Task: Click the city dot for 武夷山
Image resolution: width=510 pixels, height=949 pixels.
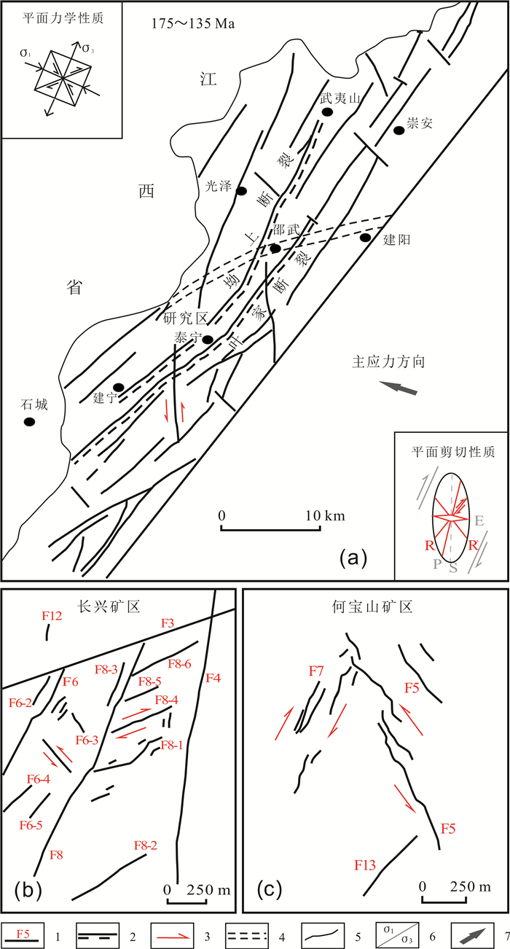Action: (x=328, y=112)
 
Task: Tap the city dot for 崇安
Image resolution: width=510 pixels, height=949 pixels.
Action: (x=399, y=130)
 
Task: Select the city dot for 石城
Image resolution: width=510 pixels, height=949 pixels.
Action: (x=29, y=422)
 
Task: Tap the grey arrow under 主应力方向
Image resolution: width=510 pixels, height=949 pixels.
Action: (x=399, y=388)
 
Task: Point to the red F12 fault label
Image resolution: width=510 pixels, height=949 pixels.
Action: (x=51, y=617)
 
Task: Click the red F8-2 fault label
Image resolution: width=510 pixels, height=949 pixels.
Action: (x=146, y=845)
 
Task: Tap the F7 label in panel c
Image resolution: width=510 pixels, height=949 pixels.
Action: (x=315, y=670)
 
